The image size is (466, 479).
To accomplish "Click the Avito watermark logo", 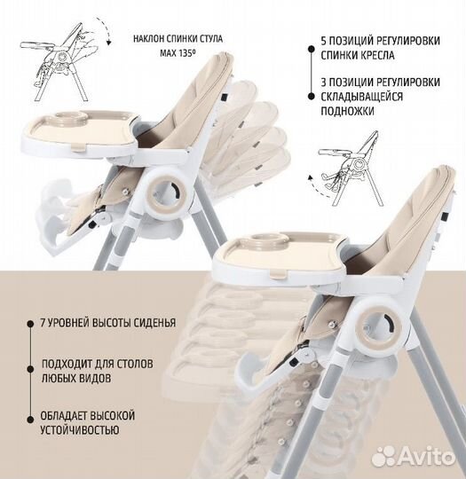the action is point(413,457).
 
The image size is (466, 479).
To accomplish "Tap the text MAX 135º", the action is point(178,53).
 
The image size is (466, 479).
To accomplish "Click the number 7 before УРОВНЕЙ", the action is point(43,323).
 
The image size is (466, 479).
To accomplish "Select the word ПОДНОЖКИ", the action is point(347,111).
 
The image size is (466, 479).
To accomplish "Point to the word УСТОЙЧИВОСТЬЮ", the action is point(80,430).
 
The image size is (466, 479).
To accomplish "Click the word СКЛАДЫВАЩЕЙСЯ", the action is point(362,97).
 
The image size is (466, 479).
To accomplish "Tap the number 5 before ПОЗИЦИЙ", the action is point(324,41).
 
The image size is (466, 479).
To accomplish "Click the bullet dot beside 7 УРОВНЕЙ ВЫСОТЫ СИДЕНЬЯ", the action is point(30,324).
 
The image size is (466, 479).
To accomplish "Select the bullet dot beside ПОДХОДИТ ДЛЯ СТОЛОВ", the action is point(30,369).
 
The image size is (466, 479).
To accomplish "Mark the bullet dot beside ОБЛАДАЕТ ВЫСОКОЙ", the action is point(30,420).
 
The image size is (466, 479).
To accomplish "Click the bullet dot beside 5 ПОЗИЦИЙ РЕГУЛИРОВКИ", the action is point(312,49).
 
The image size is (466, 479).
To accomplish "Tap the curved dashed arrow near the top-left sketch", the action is point(105,29).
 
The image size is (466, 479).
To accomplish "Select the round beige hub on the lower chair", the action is point(378,329).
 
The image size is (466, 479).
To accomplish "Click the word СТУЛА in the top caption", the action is point(210,39).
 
